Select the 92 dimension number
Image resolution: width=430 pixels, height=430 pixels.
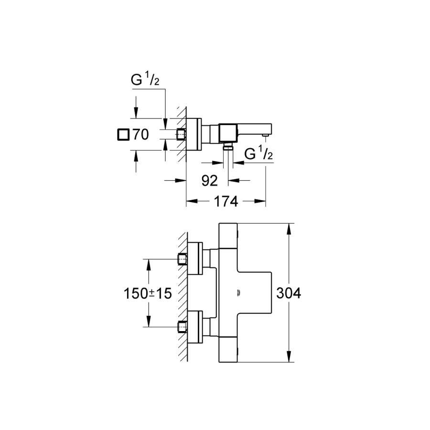(209, 180)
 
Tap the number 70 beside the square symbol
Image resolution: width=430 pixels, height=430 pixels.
(140, 135)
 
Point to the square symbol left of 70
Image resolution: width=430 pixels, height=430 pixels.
(123, 135)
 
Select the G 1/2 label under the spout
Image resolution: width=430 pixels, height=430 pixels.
(258, 154)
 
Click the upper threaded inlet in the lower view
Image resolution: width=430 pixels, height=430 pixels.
(181, 259)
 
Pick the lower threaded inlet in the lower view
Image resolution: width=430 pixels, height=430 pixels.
(181, 327)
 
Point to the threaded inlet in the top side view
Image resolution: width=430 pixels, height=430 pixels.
(181, 135)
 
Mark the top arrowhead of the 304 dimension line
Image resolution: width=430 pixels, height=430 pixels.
(289, 228)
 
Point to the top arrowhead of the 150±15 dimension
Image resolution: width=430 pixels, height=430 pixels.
(149, 263)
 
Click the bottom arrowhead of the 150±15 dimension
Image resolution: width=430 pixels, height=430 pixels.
(149, 323)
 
